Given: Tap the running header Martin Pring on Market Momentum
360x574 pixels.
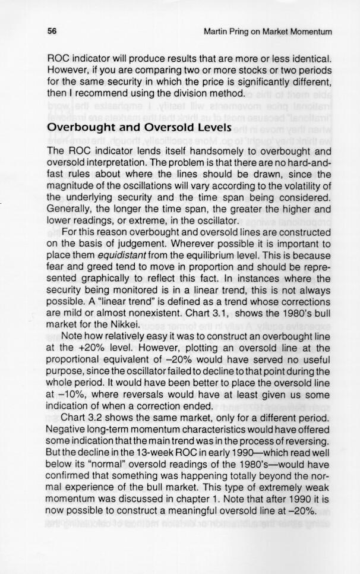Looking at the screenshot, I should pos(267,31).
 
